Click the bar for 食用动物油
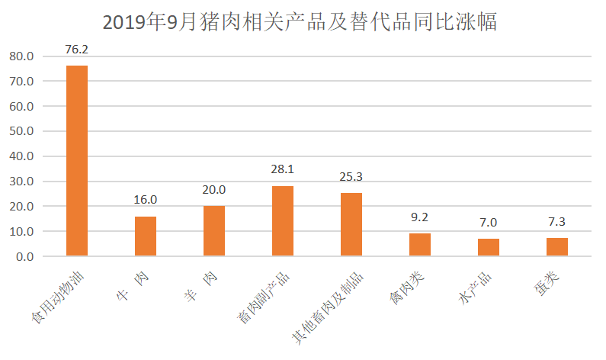[x=77, y=161]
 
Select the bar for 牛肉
[x=146, y=236]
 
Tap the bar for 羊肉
[x=214, y=231]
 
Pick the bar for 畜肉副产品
[x=283, y=221]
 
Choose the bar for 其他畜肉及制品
[x=351, y=225]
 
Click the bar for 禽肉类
[x=420, y=245]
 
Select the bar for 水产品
[x=489, y=248]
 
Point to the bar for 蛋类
[x=557, y=247]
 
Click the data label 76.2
[x=77, y=49]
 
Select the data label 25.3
[x=351, y=177]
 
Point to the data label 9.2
[x=420, y=217]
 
